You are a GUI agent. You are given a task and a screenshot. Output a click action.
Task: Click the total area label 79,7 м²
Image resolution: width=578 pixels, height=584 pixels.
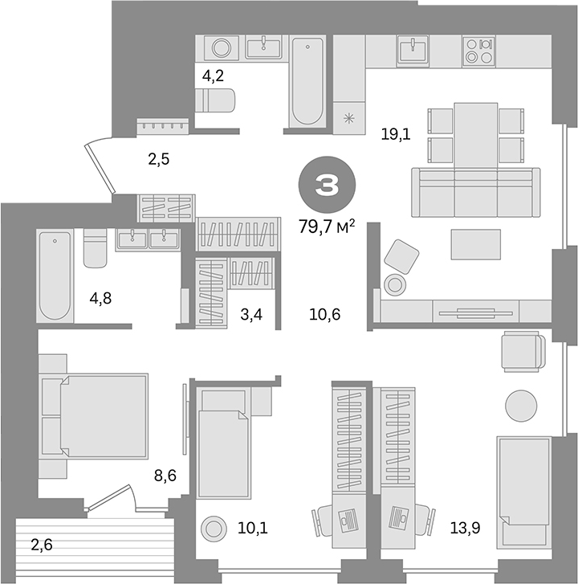[x=327, y=226]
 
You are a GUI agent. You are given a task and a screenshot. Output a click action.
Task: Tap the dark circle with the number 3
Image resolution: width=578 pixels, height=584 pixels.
[x=327, y=185]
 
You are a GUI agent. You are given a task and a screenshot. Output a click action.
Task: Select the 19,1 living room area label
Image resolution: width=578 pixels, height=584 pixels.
[x=396, y=134]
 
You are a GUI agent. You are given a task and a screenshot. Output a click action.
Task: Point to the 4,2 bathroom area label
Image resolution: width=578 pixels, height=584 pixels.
[x=213, y=76]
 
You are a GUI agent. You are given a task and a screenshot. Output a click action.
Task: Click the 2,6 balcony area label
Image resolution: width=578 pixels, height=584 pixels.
[x=41, y=545]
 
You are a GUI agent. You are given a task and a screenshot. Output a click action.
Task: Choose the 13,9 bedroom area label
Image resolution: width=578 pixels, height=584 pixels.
[x=465, y=528]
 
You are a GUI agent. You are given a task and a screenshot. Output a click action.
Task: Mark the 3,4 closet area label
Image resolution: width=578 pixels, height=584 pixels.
[x=251, y=315]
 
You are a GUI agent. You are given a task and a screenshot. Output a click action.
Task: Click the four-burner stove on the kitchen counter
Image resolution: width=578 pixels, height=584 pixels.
[x=479, y=51]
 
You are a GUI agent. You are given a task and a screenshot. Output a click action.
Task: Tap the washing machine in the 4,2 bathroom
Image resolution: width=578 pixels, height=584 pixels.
[x=221, y=47]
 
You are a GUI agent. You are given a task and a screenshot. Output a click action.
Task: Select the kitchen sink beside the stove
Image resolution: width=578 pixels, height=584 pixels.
[x=413, y=51]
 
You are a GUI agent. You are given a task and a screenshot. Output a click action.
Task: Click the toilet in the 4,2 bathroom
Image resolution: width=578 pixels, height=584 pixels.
[x=215, y=100]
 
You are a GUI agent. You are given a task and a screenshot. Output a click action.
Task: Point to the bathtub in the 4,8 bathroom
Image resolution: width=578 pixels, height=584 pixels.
[x=55, y=276]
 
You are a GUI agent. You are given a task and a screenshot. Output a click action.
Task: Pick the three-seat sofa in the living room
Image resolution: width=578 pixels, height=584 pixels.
[x=476, y=192]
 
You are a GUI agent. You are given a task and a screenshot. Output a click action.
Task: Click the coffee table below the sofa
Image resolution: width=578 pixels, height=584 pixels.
[x=476, y=244]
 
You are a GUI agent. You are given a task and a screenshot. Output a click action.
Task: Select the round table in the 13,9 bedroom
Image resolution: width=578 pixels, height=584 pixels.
[x=521, y=406]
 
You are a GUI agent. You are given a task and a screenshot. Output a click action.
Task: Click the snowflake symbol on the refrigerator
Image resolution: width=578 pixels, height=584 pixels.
[x=348, y=119]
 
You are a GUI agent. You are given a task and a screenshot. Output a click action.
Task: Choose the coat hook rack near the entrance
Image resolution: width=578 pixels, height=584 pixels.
[x=164, y=126]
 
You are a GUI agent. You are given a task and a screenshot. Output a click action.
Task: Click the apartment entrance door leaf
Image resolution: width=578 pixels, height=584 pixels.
[x=99, y=169]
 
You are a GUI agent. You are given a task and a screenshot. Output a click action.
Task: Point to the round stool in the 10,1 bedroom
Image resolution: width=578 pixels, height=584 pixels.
[x=214, y=528]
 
